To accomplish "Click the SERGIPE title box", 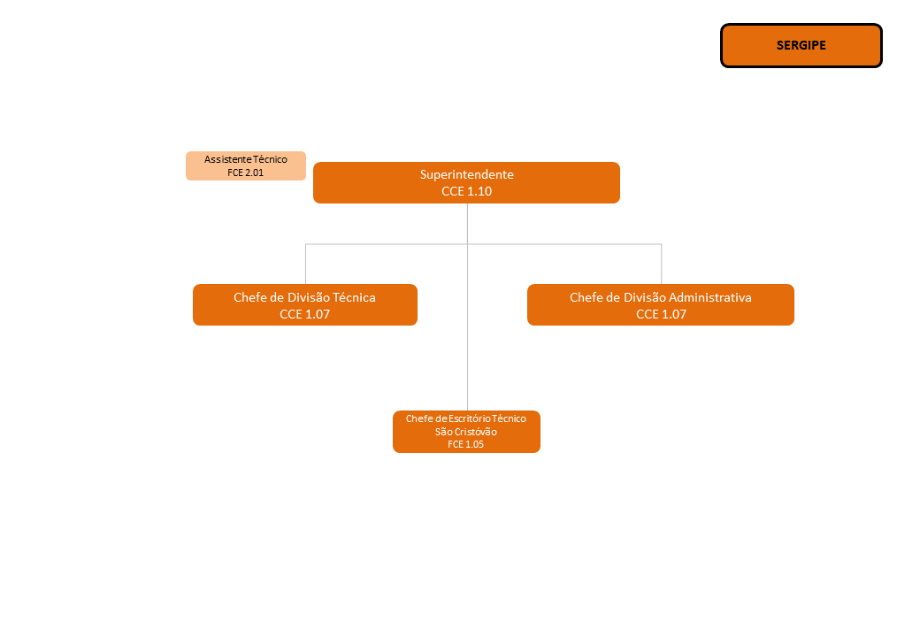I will (801, 45).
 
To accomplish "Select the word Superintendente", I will (466, 174).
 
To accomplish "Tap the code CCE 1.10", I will (466, 191).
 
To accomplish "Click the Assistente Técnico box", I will (245, 165).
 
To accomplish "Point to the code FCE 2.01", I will (245, 173).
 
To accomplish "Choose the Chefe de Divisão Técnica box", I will (304, 304).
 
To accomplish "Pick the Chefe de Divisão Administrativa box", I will (660, 304).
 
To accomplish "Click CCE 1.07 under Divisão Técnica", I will (304, 314).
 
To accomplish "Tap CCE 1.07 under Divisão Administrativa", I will (661, 314).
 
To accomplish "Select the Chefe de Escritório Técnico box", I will (466, 432).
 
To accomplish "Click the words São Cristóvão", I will (466, 432).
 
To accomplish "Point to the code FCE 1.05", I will (466, 444).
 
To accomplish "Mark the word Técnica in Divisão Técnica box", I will (351, 297).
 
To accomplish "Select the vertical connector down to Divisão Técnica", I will (305, 264).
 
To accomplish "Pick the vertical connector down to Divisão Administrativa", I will (661, 264).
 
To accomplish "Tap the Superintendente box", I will (566, 182).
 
